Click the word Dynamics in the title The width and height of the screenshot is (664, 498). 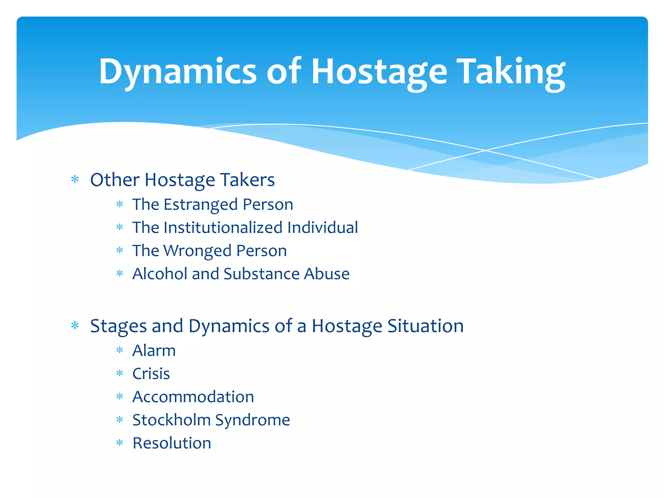click(178, 71)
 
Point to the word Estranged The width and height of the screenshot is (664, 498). click(203, 205)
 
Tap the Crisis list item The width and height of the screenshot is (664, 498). click(151, 374)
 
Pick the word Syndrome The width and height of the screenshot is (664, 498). click(253, 420)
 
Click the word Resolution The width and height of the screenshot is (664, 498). click(172, 443)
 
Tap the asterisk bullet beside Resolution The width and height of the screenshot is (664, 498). click(120, 443)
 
